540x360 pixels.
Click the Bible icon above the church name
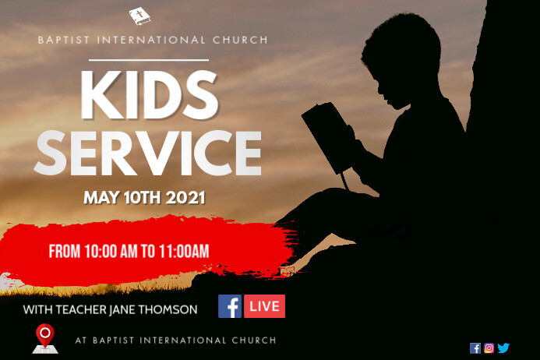[140, 16]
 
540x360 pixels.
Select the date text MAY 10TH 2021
[144, 198]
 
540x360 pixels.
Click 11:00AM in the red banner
[182, 251]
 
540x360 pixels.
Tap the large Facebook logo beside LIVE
[230, 306]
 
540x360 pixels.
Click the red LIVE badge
[264, 306]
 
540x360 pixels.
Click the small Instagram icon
[489, 348]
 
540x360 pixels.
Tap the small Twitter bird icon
[503, 348]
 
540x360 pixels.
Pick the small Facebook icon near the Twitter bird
[475, 348]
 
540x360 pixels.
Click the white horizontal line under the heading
[149, 59]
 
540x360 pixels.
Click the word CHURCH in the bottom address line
[253, 341]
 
